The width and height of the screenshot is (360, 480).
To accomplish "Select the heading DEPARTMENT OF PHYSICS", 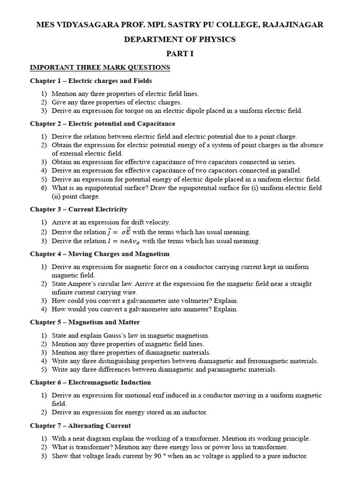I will pyautogui.click(x=180, y=39).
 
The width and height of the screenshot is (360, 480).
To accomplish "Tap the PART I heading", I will pyautogui.click(x=180, y=53).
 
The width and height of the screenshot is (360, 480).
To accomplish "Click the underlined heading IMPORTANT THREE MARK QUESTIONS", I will pyautogui.click(x=100, y=67).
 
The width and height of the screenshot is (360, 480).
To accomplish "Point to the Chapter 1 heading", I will pyautogui.click(x=91, y=81).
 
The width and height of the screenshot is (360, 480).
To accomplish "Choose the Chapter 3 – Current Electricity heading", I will pyautogui.click(x=79, y=209).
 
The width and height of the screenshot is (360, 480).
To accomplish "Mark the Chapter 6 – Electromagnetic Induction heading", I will pyautogui.click(x=90, y=382).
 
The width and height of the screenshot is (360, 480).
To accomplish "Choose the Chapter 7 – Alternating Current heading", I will pyautogui.click(x=81, y=426).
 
